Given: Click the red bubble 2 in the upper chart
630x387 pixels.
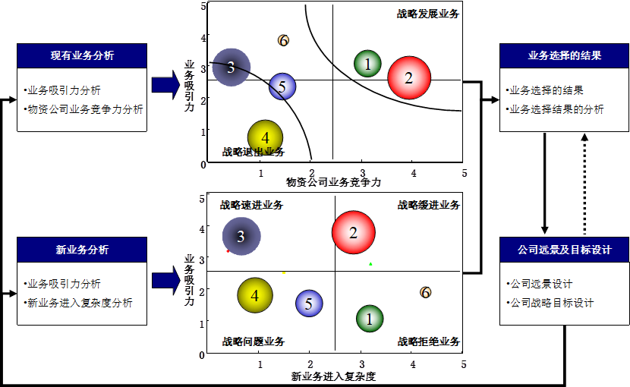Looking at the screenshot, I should (409, 77).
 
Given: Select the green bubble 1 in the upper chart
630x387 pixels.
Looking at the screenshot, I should (368, 64).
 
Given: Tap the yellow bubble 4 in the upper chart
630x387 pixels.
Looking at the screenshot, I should (265, 137).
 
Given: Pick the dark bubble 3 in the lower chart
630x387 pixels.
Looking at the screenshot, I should (241, 237).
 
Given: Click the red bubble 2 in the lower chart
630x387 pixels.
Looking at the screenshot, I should (353, 232).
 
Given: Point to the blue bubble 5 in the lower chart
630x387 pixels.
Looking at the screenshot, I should (308, 304).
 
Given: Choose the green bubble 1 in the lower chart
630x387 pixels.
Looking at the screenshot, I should (370, 319).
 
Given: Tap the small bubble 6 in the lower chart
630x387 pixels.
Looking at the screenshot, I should (425, 292).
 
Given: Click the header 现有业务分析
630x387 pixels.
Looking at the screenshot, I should (82, 55).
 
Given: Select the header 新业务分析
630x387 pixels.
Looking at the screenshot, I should (82, 250).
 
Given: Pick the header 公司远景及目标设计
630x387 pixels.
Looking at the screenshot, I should (565, 250).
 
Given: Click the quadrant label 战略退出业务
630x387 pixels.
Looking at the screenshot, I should (254, 152).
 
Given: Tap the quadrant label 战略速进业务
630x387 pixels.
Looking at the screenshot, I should (252, 205).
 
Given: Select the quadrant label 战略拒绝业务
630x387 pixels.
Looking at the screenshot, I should (429, 341).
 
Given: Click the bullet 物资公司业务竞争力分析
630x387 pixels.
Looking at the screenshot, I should (85, 109).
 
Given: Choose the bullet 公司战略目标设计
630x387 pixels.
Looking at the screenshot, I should (552, 303).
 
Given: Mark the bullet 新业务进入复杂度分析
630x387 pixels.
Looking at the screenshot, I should (79, 303).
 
